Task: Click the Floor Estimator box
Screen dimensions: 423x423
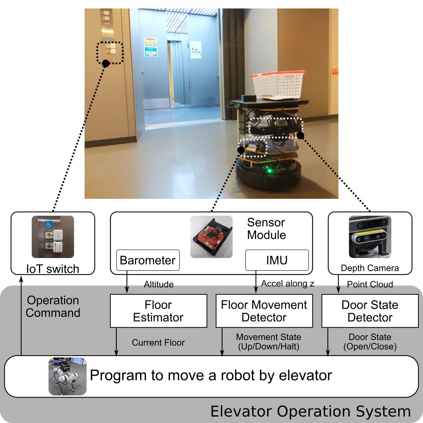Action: point(158,311)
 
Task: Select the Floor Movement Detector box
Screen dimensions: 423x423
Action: point(264,311)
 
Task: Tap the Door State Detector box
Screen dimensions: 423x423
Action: point(370,311)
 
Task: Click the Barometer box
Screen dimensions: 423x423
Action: point(148,260)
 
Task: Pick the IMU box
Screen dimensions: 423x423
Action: point(277,260)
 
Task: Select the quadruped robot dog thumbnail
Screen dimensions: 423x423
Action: point(67,376)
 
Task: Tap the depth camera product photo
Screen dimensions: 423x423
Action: point(370,237)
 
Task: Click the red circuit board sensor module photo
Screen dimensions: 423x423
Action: point(211,237)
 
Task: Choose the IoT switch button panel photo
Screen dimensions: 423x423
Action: point(53,237)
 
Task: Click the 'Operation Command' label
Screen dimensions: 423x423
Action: point(53,307)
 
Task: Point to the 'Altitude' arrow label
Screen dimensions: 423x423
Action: point(159,284)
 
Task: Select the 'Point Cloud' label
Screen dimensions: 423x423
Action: point(370,284)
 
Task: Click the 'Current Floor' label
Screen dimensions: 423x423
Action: point(158,343)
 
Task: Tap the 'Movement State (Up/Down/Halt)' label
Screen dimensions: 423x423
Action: point(268,342)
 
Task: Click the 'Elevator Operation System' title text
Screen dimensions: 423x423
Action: point(310,412)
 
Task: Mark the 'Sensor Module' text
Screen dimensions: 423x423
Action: point(266,229)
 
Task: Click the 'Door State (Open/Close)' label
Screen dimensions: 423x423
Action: point(370,342)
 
